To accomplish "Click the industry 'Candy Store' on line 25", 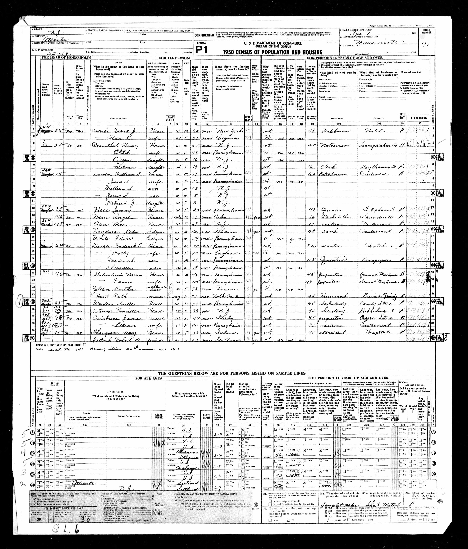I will click(x=373, y=302).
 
